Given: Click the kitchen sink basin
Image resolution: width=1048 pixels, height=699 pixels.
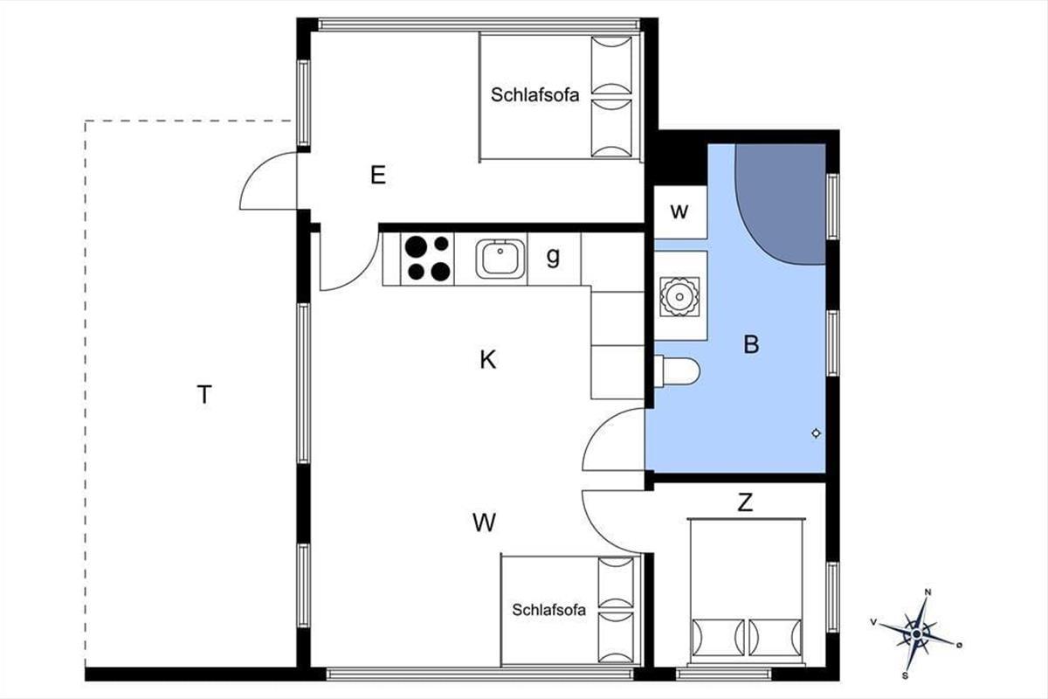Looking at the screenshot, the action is click(500, 259).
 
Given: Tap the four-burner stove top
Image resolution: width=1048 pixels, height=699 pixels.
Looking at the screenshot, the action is click(427, 259).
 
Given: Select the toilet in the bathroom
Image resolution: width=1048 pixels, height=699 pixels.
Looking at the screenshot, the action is click(677, 372).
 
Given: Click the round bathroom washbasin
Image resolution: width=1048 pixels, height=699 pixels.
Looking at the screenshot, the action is click(679, 296).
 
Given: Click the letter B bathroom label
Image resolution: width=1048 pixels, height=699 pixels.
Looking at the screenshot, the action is click(751, 345).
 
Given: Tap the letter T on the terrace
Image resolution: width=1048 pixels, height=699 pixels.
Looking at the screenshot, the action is click(204, 395).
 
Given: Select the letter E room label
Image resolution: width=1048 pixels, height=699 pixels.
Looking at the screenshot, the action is click(378, 175).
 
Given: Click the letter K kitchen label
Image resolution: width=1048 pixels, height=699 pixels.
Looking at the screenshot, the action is click(487, 360).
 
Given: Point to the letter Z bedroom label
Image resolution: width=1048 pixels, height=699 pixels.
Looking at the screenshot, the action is click(745, 502).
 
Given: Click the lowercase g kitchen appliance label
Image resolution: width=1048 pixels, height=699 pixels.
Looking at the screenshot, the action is click(553, 257).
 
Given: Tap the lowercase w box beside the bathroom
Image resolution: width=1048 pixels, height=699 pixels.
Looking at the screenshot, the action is click(679, 211).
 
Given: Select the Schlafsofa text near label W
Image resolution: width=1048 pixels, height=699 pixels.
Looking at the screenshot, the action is click(548, 610).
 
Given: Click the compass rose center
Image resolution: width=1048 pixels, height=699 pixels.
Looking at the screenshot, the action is click(916, 634).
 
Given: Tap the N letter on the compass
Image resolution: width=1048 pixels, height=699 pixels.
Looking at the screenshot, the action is click(928, 592).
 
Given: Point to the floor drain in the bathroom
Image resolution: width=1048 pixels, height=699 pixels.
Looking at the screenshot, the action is click(816, 433).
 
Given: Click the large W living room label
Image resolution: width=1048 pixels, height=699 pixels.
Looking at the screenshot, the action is click(484, 523).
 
